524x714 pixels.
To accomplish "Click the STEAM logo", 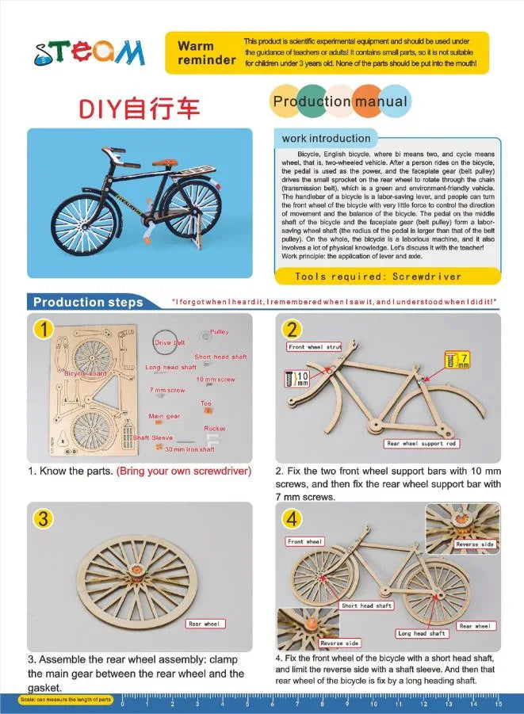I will pyautogui.click(x=90, y=52).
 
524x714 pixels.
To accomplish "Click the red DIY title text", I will pyautogui.click(x=138, y=109).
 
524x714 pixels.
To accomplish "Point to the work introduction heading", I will pyautogui.click(x=326, y=139).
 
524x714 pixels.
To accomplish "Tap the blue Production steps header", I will pyautogui.click(x=88, y=302).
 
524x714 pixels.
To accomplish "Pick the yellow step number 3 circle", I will pyautogui.click(x=44, y=518).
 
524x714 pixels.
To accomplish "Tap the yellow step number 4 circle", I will pyautogui.click(x=293, y=518).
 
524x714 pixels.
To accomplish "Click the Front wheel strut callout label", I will pyautogui.click(x=315, y=346).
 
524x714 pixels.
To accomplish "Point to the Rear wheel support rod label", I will pyautogui.click(x=421, y=444).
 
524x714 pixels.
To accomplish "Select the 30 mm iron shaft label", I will pyautogui.click(x=189, y=449).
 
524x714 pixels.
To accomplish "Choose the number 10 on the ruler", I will pyautogui.click(x=373, y=704).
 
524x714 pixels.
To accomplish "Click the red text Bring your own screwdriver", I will pyautogui.click(x=184, y=472).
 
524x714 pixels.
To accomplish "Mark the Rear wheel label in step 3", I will pyautogui.click(x=205, y=624).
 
